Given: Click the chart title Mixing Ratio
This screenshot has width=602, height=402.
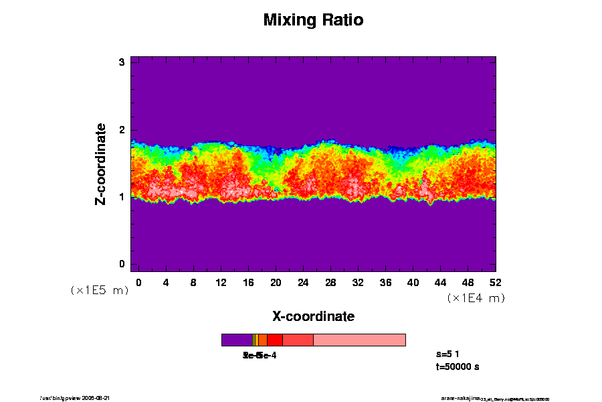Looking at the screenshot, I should click(x=313, y=20).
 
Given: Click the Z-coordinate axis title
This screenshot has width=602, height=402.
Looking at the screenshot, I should click(x=101, y=163).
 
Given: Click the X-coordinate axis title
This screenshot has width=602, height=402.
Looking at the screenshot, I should click(x=313, y=316).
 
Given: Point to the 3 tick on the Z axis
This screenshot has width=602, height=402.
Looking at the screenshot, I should click(x=122, y=62).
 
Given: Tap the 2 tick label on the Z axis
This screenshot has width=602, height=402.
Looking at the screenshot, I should click(x=122, y=130).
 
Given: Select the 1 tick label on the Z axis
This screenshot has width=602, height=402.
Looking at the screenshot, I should click(x=122, y=197).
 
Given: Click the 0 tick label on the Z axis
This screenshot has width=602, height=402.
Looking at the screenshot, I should click(x=122, y=264).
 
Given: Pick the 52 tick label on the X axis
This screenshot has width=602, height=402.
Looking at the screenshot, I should click(x=496, y=282).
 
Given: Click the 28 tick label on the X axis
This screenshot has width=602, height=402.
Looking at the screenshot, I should click(x=330, y=282).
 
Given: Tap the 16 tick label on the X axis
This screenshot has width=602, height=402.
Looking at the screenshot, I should click(x=248, y=282).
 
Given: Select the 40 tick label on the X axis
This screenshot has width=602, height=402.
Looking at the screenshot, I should click(x=413, y=282).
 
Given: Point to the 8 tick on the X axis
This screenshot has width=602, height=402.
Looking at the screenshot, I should click(x=193, y=282).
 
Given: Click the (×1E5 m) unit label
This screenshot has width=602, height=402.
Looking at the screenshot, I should click(x=100, y=291).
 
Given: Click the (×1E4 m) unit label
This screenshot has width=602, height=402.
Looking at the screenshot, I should click(x=476, y=298).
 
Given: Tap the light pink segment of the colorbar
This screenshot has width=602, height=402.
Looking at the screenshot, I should click(x=359, y=340).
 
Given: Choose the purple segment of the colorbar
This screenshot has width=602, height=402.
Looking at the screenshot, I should click(x=237, y=340).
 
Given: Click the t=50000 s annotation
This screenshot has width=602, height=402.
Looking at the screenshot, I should click(x=457, y=366).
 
